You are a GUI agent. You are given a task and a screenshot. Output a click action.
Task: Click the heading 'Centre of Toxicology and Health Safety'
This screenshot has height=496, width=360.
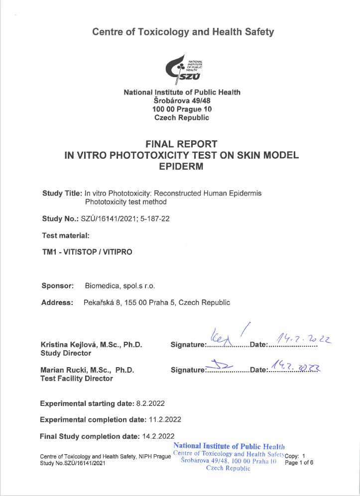coord(183,32)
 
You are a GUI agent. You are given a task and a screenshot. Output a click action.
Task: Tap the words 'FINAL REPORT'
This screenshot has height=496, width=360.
coord(182,144)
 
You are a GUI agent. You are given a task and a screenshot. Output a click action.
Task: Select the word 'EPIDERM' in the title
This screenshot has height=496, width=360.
coord(182,167)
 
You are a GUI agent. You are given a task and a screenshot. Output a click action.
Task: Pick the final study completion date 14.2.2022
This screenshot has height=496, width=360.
coord(157,436)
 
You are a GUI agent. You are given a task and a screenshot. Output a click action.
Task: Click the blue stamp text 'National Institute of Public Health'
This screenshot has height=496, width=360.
coord(229,446)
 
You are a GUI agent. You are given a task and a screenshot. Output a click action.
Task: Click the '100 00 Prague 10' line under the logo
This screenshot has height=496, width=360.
coord(182,109)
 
